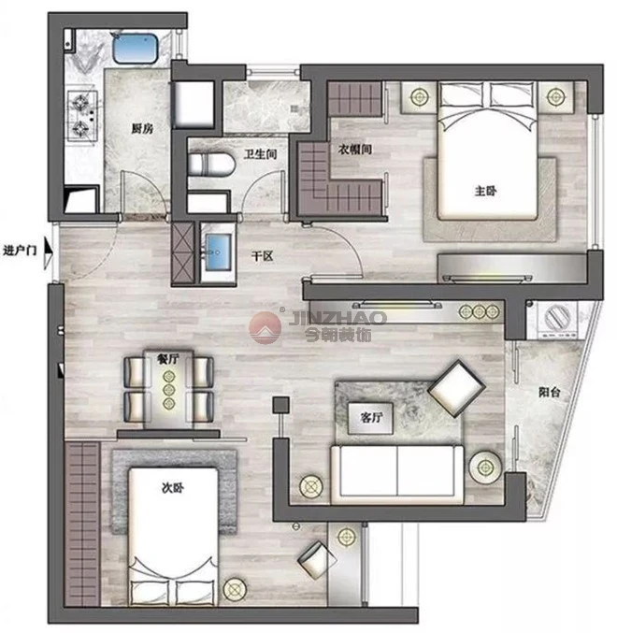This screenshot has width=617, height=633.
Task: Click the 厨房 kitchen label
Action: (142, 129)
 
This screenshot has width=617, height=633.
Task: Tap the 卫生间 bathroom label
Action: (260, 154)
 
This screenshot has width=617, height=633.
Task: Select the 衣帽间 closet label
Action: (354, 150)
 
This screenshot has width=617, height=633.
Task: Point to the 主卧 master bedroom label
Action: (485, 191)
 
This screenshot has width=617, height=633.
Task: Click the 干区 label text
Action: (263, 256)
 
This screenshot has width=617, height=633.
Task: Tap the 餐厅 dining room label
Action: (168, 358)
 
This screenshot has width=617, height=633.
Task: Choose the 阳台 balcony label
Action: (549, 392)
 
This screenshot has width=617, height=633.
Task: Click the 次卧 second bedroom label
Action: (173, 488)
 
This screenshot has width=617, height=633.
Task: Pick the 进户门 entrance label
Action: (20, 251)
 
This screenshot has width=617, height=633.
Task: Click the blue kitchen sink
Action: (135, 49)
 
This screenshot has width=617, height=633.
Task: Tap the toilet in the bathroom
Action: (211, 165)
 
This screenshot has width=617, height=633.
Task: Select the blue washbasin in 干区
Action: (219, 252)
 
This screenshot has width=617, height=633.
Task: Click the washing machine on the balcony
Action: (557, 320)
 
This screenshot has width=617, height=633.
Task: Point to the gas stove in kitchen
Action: (82, 116)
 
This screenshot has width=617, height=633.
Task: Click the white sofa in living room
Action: (397, 475)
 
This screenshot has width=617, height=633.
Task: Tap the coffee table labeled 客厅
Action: (370, 418)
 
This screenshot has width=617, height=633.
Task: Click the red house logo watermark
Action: (265, 328)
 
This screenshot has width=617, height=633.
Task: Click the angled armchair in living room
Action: (456, 388)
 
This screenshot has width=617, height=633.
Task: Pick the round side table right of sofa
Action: (485, 468)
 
